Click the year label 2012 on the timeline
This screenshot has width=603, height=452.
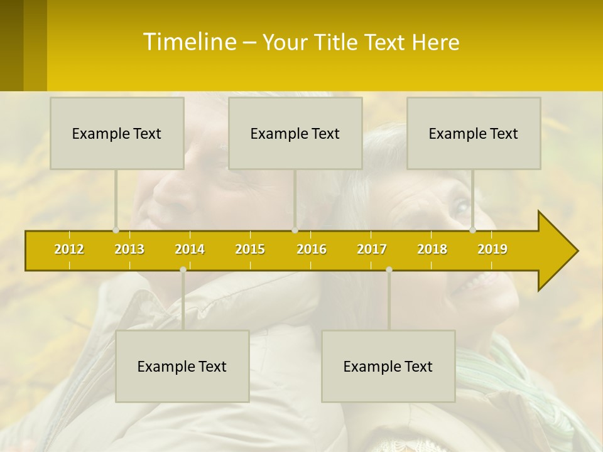coord(69,249)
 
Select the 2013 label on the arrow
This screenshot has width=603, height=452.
coord(129,249)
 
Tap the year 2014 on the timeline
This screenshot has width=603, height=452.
coord(190,249)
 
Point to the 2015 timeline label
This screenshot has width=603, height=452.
coord(250,249)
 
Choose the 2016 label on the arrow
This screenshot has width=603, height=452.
coord(312,249)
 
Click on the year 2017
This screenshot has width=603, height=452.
coord(372,249)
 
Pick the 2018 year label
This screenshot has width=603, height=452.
coord(432,249)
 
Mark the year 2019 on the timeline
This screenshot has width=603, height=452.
coord(492,249)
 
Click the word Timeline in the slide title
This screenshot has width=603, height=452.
coord(189,42)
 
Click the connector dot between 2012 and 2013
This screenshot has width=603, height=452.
coord(116,230)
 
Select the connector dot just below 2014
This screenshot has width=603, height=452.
coord(183,269)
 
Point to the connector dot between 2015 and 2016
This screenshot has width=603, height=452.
coord(295,230)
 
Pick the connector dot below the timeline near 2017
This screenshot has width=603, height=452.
coord(389,269)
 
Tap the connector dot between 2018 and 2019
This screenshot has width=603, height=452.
coord(472,230)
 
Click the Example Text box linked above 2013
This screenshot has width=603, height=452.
coord(117,133)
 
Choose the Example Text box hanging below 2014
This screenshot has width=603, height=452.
coord(182,366)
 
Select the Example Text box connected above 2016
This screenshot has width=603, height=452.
coord(295,133)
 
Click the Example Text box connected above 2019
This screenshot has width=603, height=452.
coord(474,133)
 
